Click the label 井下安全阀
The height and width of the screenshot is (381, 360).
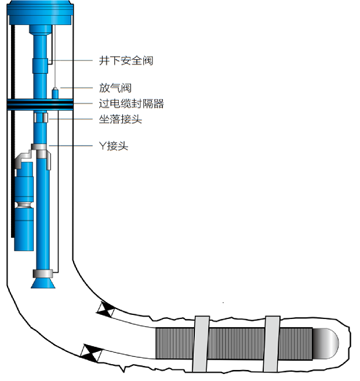pos(126,60)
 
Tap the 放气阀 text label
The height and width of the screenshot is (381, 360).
pos(115,88)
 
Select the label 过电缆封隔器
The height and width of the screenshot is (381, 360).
pos(132,104)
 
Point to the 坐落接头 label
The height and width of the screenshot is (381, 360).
pos(121,120)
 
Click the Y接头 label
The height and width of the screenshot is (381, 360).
pos(114,146)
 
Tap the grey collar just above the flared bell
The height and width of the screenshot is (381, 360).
pos(43,273)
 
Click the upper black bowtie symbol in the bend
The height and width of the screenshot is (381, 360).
pos(106,310)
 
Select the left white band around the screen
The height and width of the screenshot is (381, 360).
pos(201,344)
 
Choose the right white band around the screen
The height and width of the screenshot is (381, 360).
pos(271,344)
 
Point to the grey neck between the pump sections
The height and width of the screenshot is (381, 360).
pos(25,204)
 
